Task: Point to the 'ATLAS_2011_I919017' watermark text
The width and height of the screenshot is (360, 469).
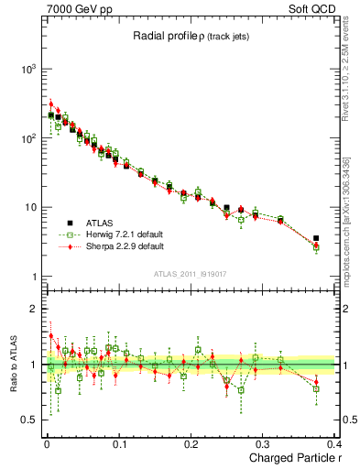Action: point(191,274)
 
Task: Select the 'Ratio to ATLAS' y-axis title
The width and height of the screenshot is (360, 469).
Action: point(14,364)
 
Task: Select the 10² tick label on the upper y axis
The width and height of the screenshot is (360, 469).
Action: point(29,138)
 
